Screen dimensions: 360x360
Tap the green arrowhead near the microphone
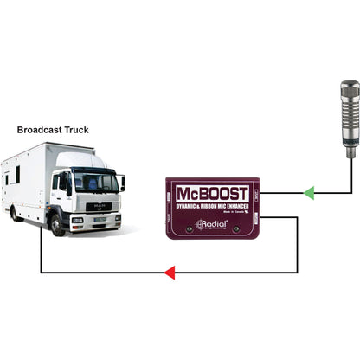click(309, 193)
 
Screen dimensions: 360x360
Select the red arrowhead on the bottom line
click(170, 273)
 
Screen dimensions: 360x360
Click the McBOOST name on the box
click(213, 192)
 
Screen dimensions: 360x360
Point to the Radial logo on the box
click(212, 224)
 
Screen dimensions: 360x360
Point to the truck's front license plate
click(100, 221)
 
